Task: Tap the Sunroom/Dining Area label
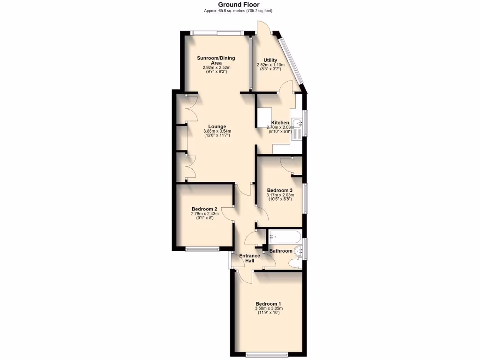pos(216,60)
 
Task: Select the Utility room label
pos(270,60)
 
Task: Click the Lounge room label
pos(217,127)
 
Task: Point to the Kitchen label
pos(280,123)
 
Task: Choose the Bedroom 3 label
pos(279,190)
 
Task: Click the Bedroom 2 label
pos(204,209)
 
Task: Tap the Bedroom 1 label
pos(268,303)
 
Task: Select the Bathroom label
pos(281,251)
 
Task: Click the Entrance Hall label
pos(249,258)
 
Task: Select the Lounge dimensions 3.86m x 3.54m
pos(217,131)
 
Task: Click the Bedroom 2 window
pos(202,248)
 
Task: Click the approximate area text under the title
pos(238,11)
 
